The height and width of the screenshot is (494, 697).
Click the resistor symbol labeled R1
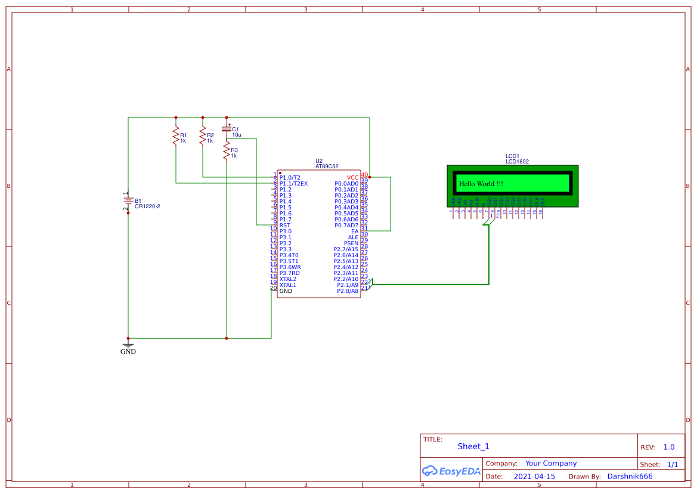coord(176,135)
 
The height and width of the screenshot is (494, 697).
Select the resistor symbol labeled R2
coord(203,135)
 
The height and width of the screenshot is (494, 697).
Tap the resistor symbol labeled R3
coord(227,150)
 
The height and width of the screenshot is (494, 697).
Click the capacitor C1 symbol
coord(227,128)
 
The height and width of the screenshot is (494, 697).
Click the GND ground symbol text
coord(128,352)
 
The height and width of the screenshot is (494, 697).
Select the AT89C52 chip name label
coord(327,166)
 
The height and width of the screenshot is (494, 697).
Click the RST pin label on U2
coord(285,226)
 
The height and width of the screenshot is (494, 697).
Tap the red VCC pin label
coord(352,178)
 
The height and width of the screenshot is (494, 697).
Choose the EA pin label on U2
coord(355,231)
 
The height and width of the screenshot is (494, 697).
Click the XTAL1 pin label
coord(288,285)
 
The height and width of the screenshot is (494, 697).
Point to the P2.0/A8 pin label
coord(348,291)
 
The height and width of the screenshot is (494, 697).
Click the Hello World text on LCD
coord(481,184)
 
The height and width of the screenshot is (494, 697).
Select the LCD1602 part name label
coord(517,162)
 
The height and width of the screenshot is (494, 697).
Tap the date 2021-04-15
coord(534,477)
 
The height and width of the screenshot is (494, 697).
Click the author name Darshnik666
coord(630,477)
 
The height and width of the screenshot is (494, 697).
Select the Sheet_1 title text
coord(473,446)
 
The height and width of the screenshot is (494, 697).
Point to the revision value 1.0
coord(669,447)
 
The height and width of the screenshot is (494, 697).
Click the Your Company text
coord(551,464)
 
